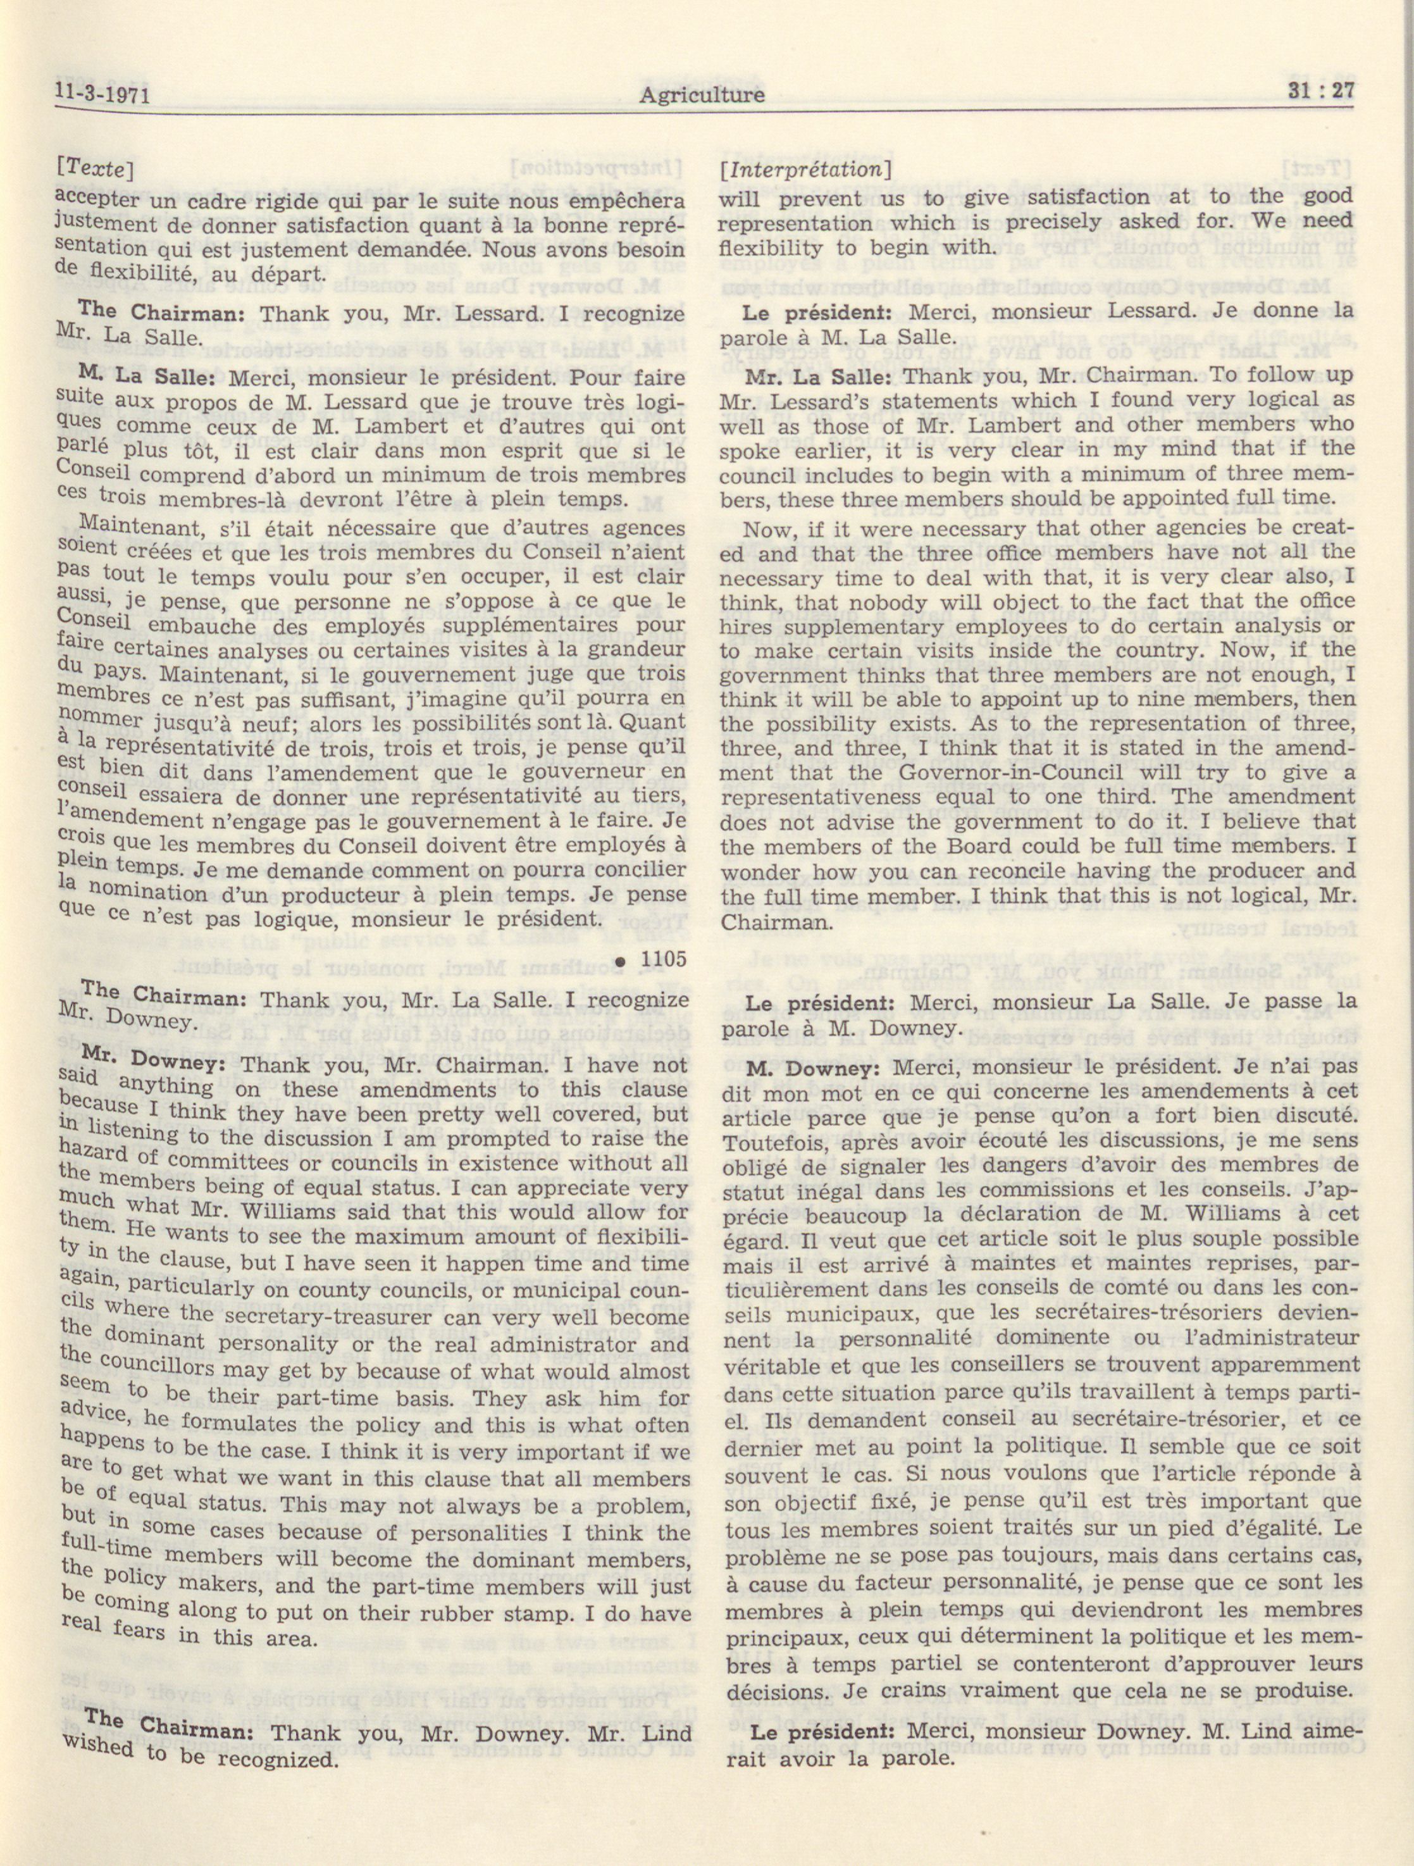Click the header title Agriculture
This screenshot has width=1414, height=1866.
702,94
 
